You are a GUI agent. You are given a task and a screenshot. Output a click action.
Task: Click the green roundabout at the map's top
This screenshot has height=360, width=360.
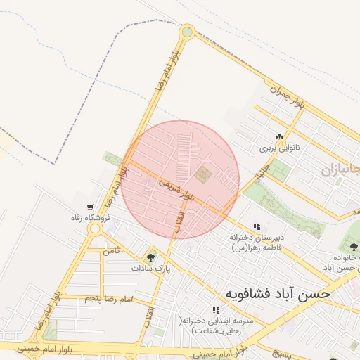186,31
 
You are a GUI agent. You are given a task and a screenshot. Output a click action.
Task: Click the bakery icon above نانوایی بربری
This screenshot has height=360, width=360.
280,137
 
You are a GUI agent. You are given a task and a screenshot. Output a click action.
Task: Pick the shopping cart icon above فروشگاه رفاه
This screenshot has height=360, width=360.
89,207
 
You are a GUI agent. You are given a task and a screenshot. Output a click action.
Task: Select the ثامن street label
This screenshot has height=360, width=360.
110,250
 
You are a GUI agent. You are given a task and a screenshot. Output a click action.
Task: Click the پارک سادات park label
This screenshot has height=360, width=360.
150,268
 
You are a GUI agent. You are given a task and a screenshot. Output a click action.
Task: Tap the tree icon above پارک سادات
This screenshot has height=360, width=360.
150,256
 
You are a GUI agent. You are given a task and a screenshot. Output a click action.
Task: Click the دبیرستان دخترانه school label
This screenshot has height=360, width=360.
257,238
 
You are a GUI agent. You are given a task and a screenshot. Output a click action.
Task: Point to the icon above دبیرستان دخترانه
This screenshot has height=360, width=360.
257,226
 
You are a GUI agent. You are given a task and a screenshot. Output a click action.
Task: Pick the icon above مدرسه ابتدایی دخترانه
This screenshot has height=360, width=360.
215,309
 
